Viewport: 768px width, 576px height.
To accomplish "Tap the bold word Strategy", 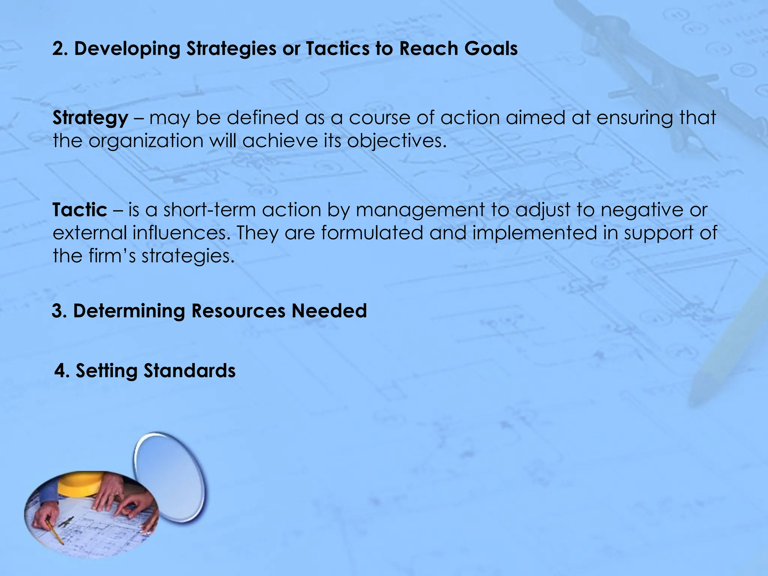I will [90, 118].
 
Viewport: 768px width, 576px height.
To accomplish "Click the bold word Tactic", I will [79, 210].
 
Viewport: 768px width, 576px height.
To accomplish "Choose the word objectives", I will [397, 141].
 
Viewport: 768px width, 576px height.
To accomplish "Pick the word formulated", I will [372, 233].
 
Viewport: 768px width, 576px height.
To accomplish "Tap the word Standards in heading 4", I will [189, 371].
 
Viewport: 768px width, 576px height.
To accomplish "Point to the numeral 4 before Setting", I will [60, 371].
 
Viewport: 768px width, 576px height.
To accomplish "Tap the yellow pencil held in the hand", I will [54, 532].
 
